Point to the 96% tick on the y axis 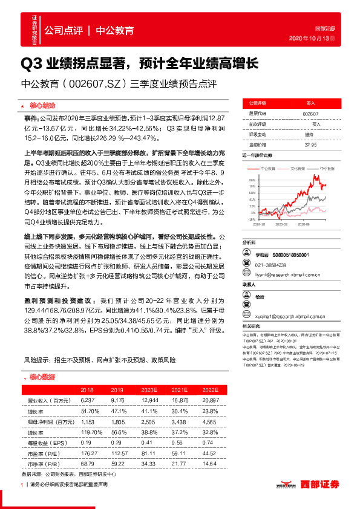point(251,180)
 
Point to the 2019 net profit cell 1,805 point(117,423)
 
